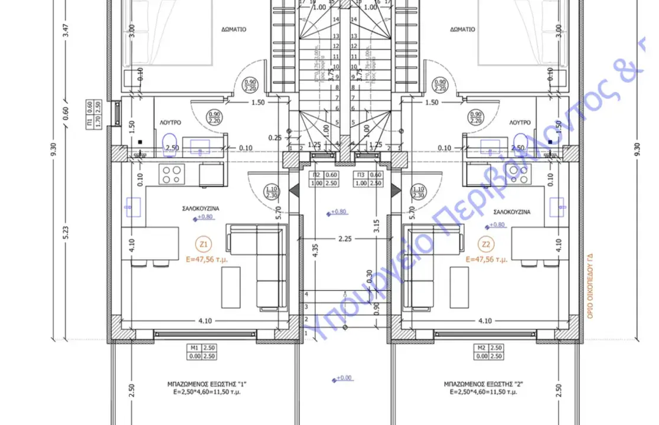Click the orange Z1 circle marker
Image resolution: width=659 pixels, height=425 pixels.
coord(204,243)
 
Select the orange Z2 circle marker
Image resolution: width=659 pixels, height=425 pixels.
coord(487,243)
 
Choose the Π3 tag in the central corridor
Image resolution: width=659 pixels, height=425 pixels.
coord(367,179)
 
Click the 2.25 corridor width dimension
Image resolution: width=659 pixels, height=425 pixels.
coord(345,239)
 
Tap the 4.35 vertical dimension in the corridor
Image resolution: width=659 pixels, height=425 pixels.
coord(316,251)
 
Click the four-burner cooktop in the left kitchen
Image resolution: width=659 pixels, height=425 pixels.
coord(172,174)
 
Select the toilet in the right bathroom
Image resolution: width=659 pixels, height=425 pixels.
coord(519,142)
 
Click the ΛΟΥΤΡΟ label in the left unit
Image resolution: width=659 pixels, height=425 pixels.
coord(170,122)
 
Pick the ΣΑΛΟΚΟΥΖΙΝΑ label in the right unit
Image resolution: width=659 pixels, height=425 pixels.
coord(511,211)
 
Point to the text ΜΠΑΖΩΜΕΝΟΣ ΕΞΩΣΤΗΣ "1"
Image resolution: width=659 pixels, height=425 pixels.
coord(207,384)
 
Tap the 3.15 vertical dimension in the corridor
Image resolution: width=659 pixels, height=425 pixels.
coord(376,226)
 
